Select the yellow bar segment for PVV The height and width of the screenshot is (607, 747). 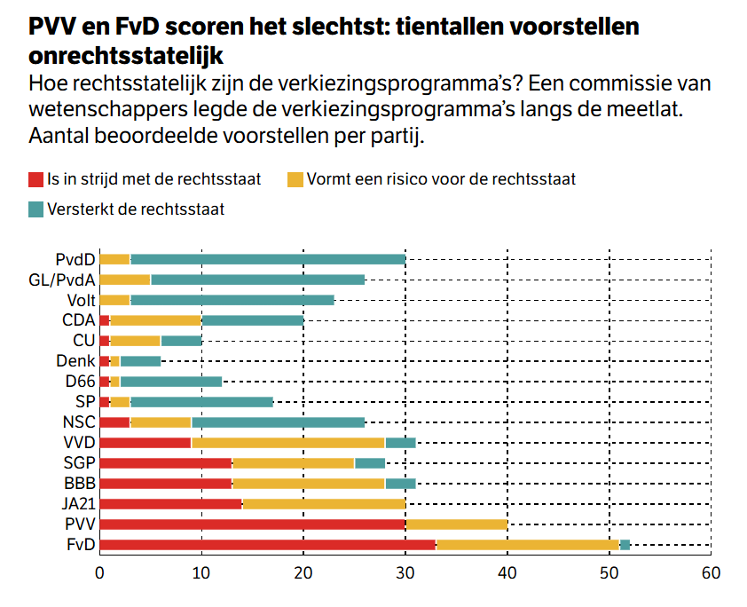[x=456, y=524]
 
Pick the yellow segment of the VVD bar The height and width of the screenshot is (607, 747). [x=288, y=442]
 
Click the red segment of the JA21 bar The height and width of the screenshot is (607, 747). [x=171, y=503]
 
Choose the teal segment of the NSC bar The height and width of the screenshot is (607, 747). [x=278, y=422]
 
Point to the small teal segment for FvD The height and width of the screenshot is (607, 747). [x=625, y=544]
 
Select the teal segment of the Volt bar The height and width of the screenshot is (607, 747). [x=232, y=300]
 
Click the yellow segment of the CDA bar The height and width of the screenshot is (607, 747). [x=156, y=319]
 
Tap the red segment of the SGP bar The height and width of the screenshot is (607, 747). [x=166, y=462]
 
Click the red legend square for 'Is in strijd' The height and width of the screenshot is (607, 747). [x=35, y=179]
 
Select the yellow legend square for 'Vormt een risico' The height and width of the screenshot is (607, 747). [x=295, y=179]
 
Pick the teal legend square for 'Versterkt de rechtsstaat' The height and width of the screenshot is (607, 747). [x=35, y=210]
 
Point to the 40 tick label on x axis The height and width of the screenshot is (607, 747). [x=507, y=573]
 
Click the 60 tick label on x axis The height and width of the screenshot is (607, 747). [x=710, y=573]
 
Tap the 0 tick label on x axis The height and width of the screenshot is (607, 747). [x=100, y=573]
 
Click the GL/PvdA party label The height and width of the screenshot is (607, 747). [x=62, y=280]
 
